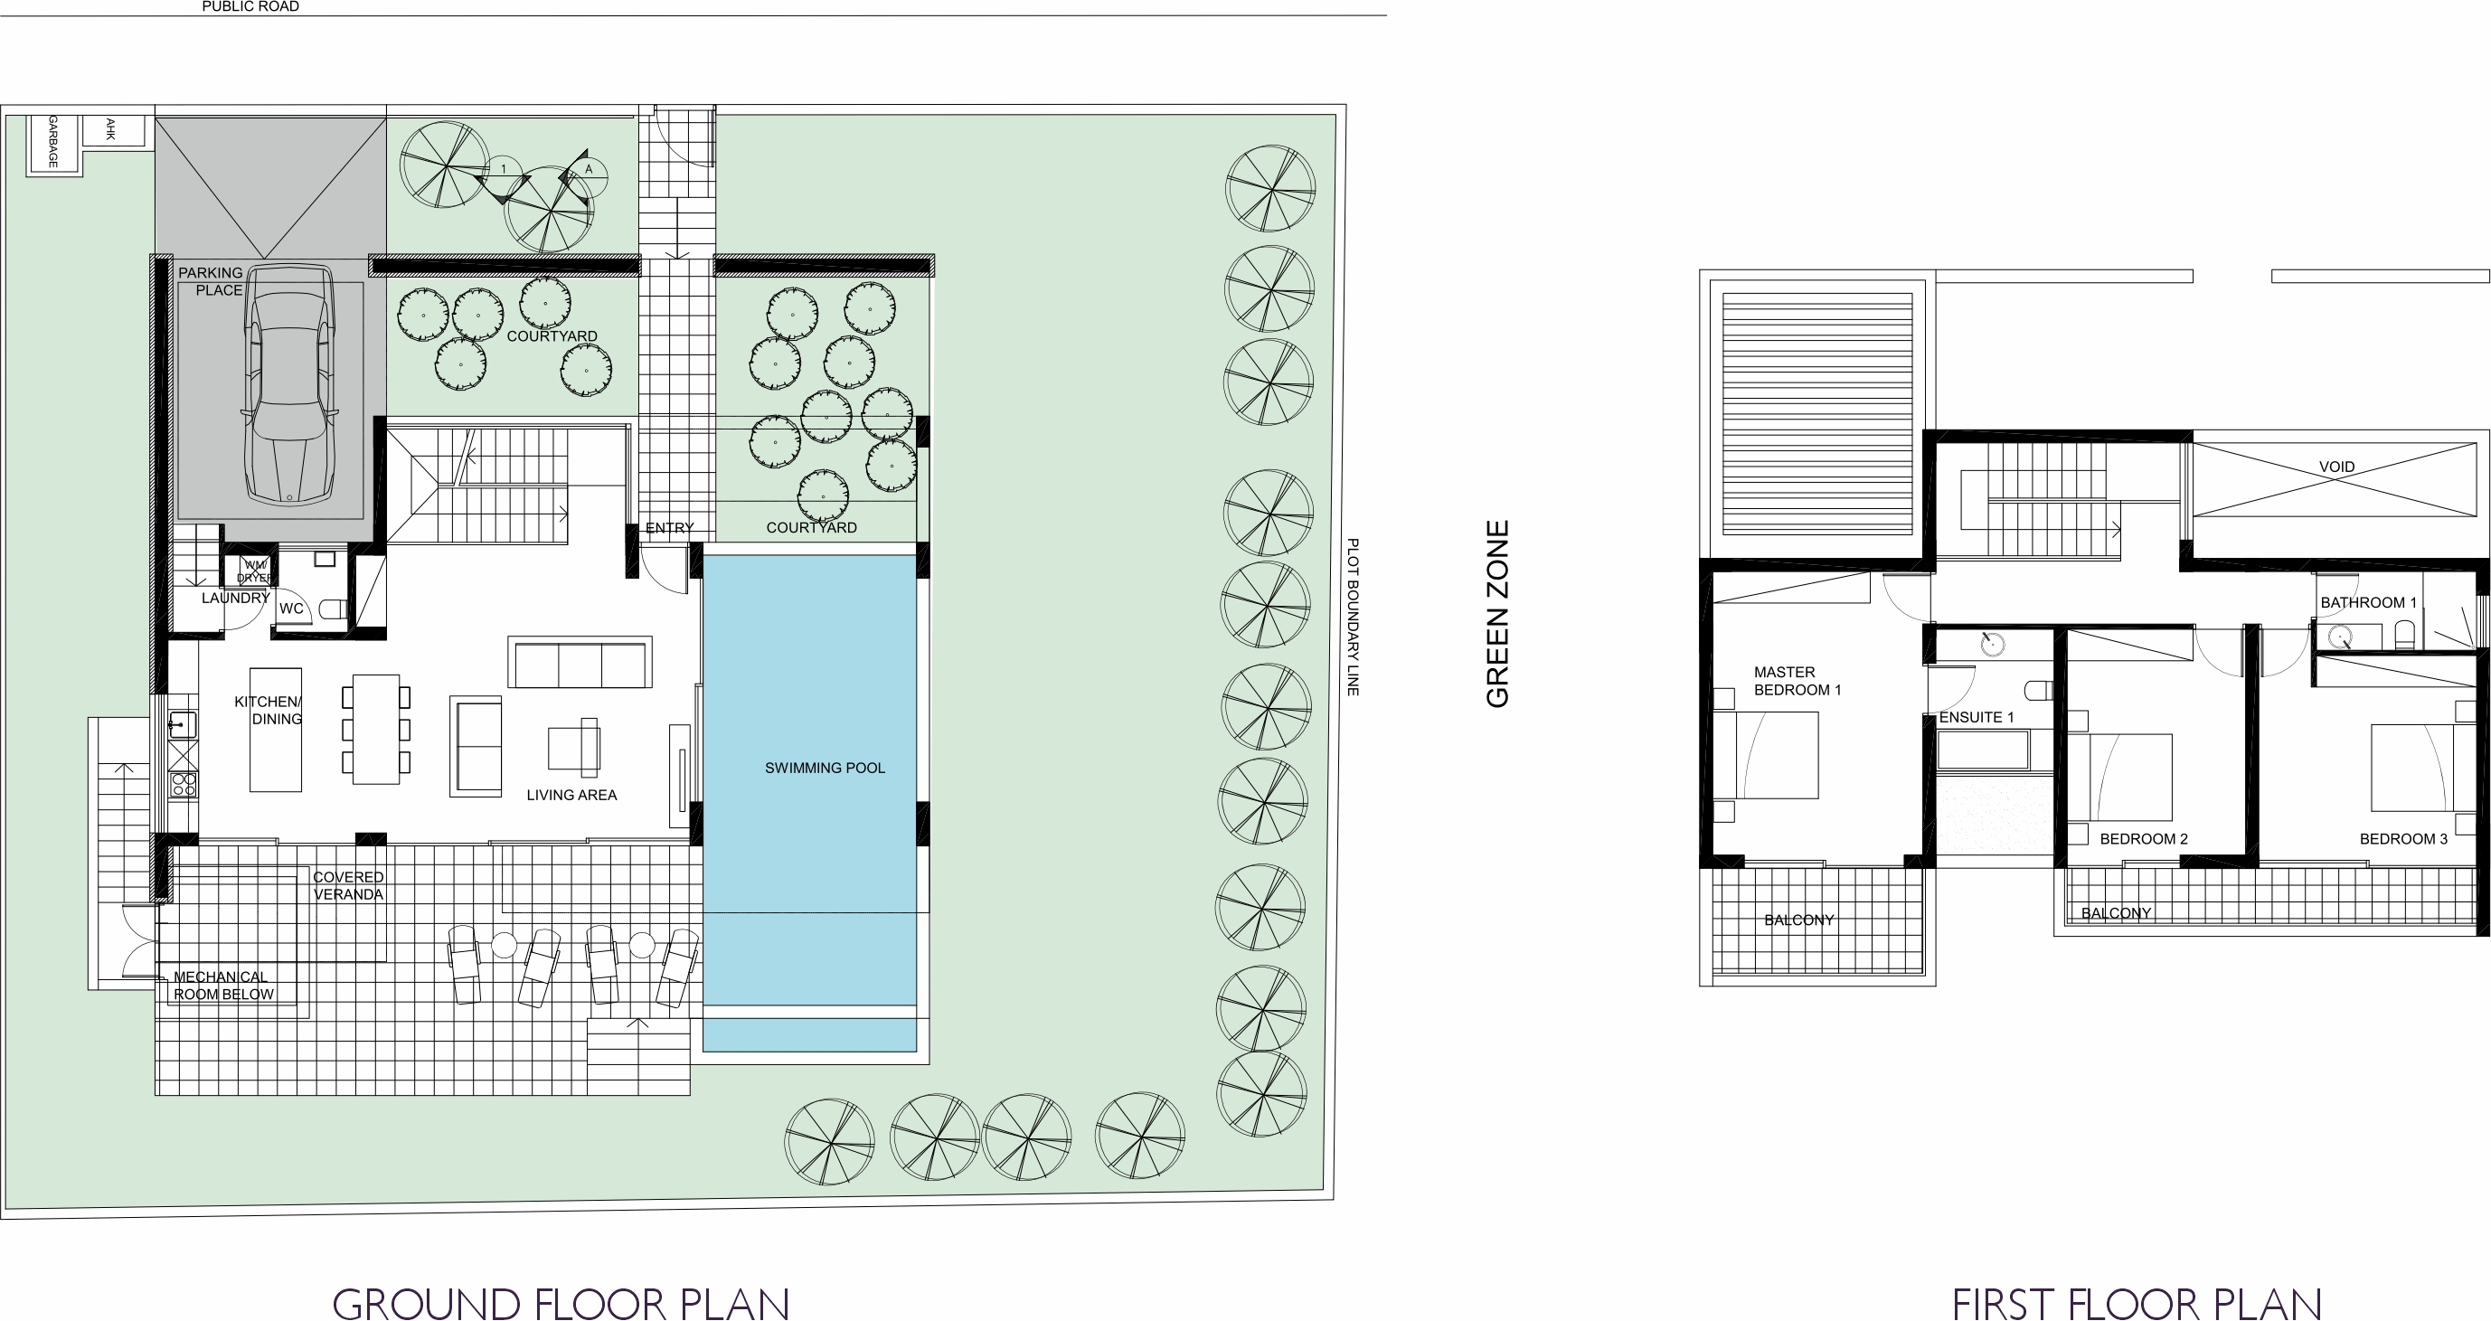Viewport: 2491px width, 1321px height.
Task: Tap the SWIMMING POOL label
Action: pyautogui.click(x=825, y=768)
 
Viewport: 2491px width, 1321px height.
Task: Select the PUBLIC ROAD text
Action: pyautogui.click(x=250, y=6)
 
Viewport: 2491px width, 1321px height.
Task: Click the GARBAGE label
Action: pyautogui.click(x=53, y=141)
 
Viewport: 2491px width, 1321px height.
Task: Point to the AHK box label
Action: pyautogui.click(x=110, y=129)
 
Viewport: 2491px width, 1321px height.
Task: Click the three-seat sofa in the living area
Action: pyautogui.click(x=580, y=663)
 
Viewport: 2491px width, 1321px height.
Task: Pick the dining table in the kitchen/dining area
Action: pyautogui.click(x=376, y=729)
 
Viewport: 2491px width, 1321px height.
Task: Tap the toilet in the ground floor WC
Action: pyautogui.click(x=333, y=609)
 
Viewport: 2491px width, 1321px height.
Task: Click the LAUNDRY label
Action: pyautogui.click(x=235, y=598)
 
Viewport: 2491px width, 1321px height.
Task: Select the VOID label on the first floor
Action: pyautogui.click(x=2336, y=467)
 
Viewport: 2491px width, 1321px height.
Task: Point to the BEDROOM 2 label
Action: pyautogui.click(x=2144, y=838)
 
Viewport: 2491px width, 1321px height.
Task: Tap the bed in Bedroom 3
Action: pyautogui.click(x=2411, y=768)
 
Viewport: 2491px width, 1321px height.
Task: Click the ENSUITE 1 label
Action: pyautogui.click(x=1977, y=717)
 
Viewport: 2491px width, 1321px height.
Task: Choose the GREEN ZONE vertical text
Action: pyautogui.click(x=1498, y=614)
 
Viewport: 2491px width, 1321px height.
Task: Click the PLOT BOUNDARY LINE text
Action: pyautogui.click(x=1353, y=617)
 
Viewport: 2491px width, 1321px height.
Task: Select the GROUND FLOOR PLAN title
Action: pyautogui.click(x=561, y=1304)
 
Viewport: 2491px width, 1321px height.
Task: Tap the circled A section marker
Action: pyautogui.click(x=588, y=169)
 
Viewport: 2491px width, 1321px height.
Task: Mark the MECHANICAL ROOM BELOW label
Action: pyautogui.click(x=223, y=986)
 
